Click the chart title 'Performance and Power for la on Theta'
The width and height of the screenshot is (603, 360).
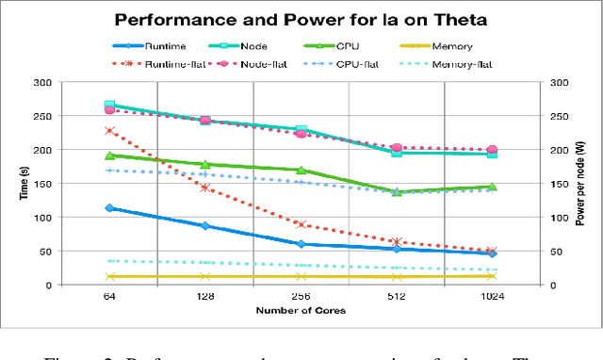(301, 18)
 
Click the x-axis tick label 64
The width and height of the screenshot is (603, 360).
(109, 297)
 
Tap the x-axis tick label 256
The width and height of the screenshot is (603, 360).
(301, 297)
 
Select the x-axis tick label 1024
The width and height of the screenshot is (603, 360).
(492, 297)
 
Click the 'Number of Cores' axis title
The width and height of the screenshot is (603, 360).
(301, 310)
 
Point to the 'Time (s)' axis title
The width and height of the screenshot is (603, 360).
(18, 183)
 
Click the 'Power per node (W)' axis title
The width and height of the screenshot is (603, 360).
(583, 183)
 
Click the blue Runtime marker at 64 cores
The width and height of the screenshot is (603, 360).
(109, 208)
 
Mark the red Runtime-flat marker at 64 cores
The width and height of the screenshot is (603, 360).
(109, 131)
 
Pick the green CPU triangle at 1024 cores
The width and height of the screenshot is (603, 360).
(492, 187)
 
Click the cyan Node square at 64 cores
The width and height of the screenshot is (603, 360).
(109, 106)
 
